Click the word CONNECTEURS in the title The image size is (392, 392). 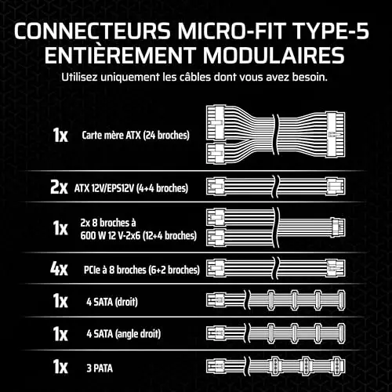tap(93, 31)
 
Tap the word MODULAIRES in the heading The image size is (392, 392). tap(274, 55)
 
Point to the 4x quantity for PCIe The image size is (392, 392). tap(59, 269)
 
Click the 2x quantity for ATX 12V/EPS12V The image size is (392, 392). tap(59, 187)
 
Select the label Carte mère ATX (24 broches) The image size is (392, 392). tap(136, 135)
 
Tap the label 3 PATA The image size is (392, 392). tap(100, 368)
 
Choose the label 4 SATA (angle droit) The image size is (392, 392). tap(124, 334)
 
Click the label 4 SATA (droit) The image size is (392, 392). tap(112, 302)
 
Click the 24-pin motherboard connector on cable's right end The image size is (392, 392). tap(336, 135)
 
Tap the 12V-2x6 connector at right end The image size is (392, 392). tap(338, 227)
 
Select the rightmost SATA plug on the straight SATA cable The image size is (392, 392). tap(341, 300)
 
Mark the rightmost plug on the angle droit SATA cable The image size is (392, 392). tap(341, 333)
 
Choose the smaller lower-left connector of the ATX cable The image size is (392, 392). tap(216, 154)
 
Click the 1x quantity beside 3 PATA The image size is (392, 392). tap(60, 367)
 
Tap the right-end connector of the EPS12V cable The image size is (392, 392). tap(336, 187)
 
